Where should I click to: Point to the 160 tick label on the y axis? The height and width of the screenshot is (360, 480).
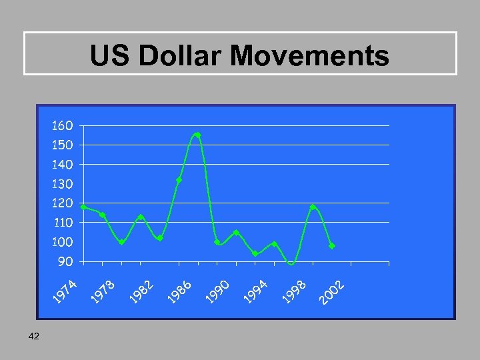point(63,125)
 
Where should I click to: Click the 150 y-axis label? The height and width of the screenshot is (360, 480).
point(63,145)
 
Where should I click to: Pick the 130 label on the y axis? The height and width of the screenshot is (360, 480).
point(63,183)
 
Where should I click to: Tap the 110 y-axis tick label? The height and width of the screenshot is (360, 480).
point(63,222)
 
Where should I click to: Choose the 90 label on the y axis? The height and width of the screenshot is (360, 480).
point(65,261)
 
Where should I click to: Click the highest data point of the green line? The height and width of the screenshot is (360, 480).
point(198,135)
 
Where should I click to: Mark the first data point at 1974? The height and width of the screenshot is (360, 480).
point(83,207)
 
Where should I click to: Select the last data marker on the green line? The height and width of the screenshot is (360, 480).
point(332,246)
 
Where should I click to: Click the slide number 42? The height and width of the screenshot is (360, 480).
point(35,337)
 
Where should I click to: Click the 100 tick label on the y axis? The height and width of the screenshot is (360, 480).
point(63,241)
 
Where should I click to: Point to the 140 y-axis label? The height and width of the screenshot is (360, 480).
point(63,164)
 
